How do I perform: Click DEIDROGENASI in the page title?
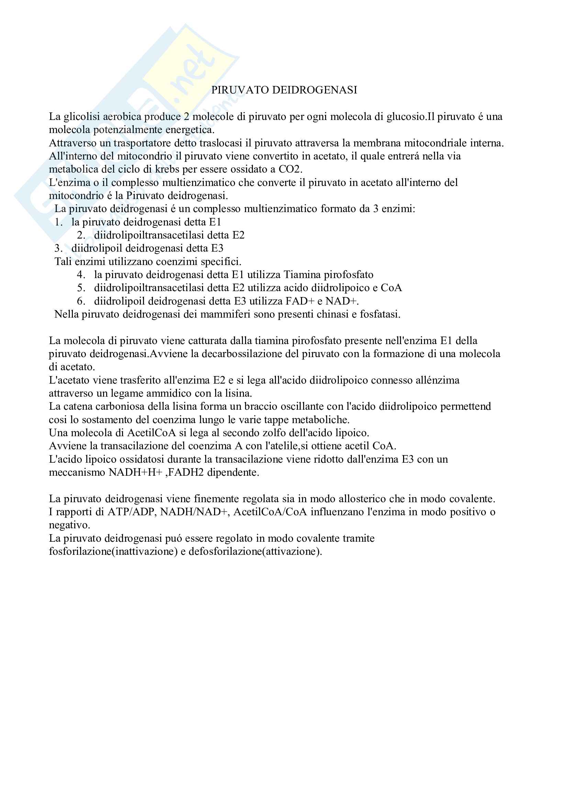coord(314,90)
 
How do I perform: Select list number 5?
coord(81,288)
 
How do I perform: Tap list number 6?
coord(81,301)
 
